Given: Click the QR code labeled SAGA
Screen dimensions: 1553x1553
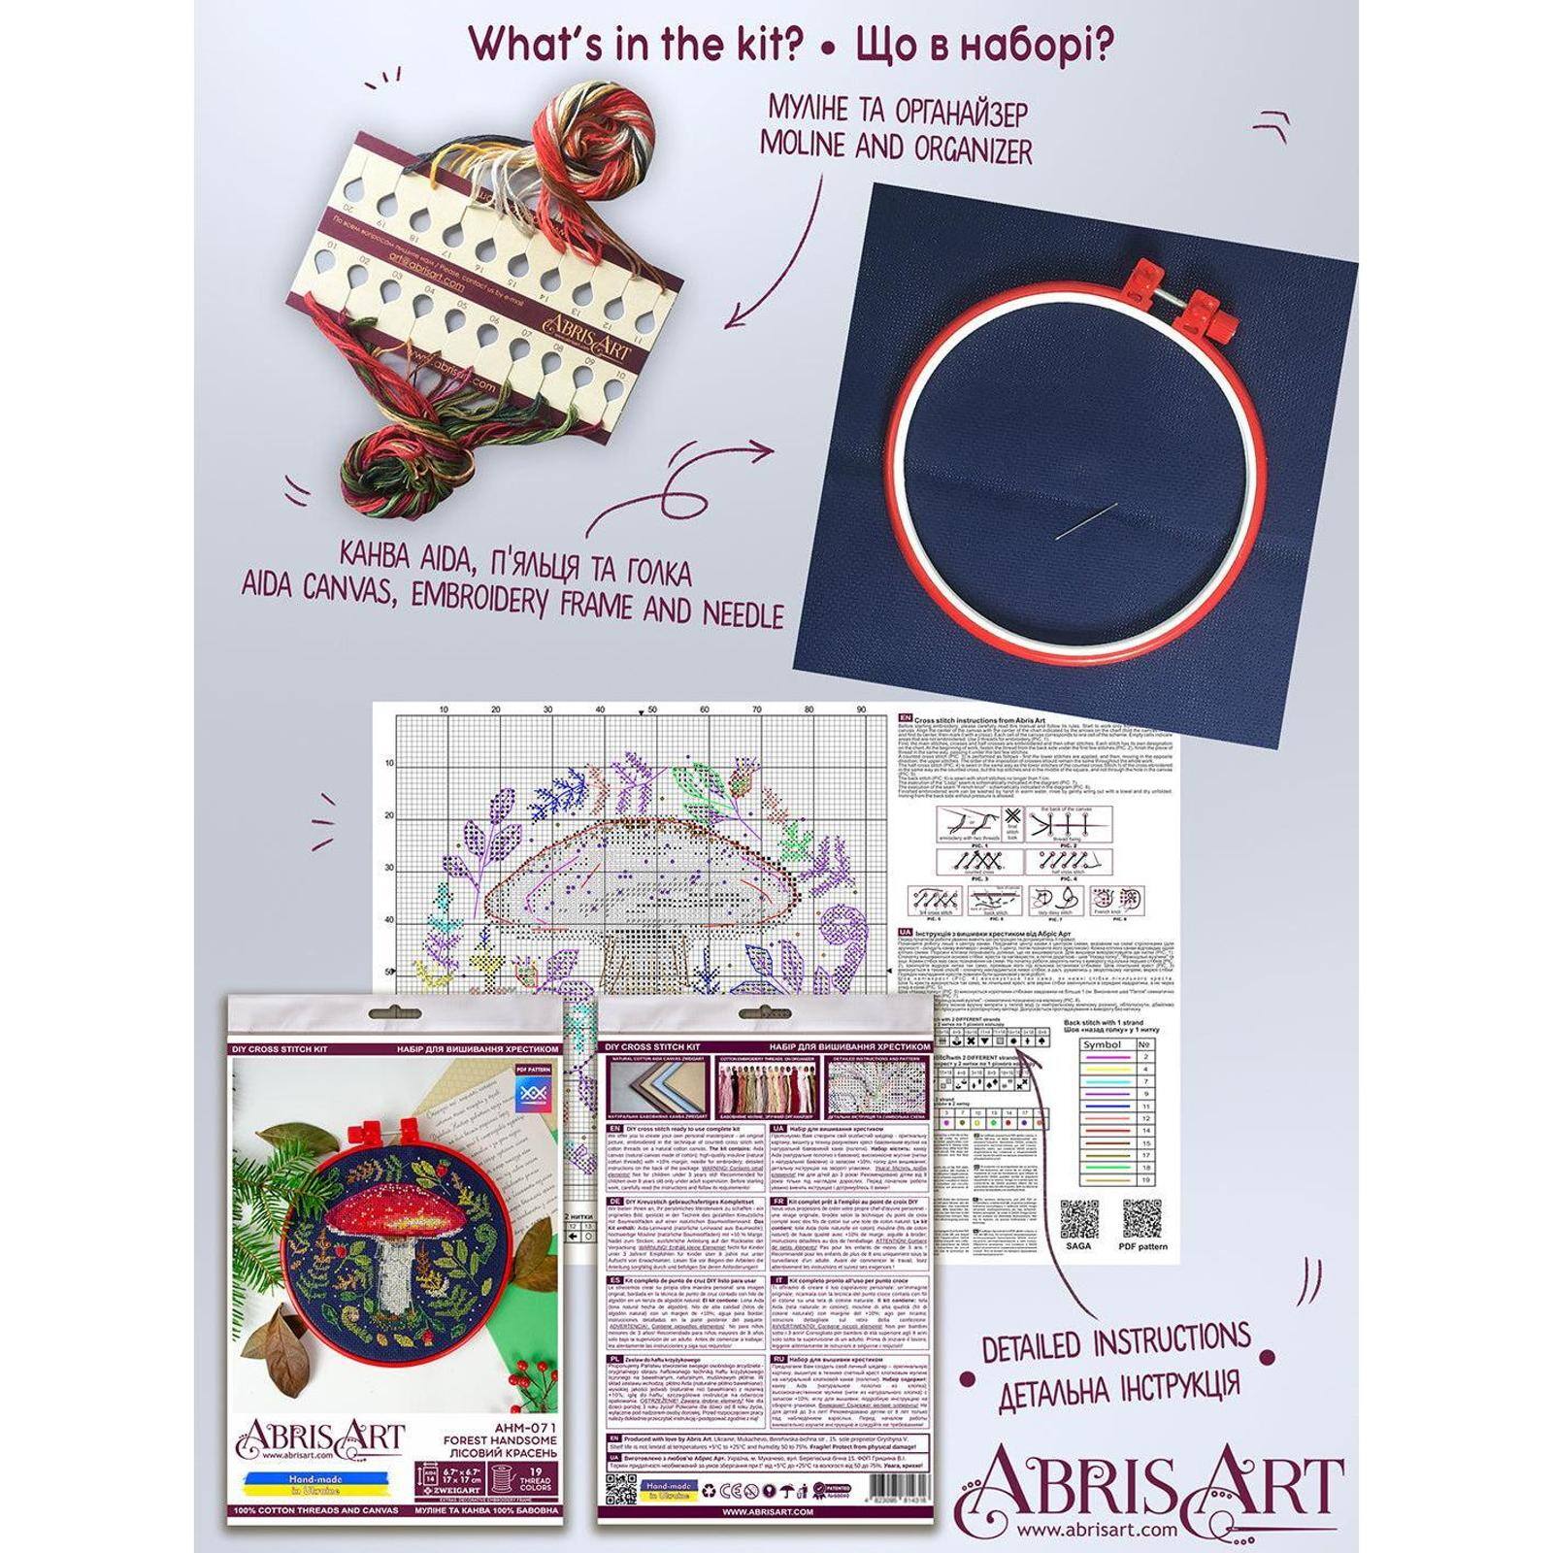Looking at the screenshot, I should click(x=1077, y=1221).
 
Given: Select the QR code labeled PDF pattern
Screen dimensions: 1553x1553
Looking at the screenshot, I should click(x=1142, y=1220).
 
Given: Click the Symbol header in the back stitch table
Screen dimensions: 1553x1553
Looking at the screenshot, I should click(x=1101, y=1044).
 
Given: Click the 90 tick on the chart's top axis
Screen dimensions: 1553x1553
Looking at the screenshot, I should click(x=860, y=711).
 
